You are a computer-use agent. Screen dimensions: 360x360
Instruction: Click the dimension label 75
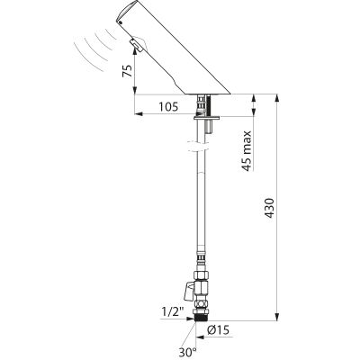click(x=128, y=71)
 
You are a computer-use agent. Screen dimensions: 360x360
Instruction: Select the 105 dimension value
click(x=168, y=106)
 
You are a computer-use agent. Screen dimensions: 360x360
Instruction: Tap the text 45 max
click(x=247, y=150)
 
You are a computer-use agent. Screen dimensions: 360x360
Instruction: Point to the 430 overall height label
click(x=270, y=208)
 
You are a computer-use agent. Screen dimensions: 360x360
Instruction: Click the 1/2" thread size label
click(x=173, y=312)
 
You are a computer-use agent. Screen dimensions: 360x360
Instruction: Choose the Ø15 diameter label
click(x=218, y=330)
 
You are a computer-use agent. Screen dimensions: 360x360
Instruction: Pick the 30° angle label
click(x=188, y=353)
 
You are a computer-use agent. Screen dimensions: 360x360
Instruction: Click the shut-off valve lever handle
click(x=188, y=292)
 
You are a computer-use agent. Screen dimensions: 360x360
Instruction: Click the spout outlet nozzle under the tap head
click(x=137, y=45)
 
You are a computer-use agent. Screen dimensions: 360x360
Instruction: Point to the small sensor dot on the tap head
click(x=120, y=22)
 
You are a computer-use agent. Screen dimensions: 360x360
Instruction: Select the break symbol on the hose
click(x=198, y=146)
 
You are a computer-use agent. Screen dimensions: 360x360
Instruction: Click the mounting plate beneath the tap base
click(x=207, y=118)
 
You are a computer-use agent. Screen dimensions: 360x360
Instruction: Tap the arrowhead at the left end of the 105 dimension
click(x=139, y=113)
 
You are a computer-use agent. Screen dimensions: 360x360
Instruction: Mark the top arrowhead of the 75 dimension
click(x=135, y=51)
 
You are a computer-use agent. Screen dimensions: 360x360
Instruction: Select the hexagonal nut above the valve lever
click(x=201, y=275)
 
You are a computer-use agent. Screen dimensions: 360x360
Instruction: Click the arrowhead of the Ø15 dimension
click(x=200, y=337)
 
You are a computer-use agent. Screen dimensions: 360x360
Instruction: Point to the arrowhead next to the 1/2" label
click(x=191, y=319)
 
